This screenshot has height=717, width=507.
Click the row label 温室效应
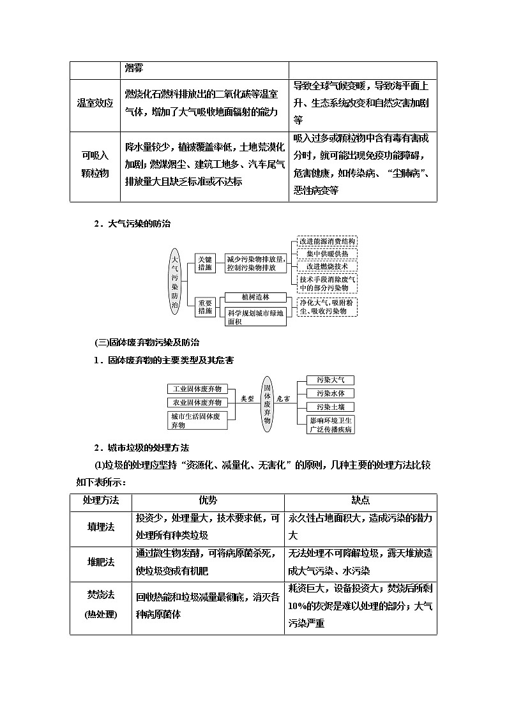(95, 103)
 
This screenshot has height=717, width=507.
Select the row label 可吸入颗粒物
(95, 165)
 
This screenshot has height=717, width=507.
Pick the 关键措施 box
(205, 263)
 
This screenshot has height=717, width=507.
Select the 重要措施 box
(205, 306)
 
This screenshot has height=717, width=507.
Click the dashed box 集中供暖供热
(327, 253)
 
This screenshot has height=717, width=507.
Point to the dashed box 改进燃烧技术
(327, 266)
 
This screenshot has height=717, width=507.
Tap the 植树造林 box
(255, 298)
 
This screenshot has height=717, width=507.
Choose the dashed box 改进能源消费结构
(327, 241)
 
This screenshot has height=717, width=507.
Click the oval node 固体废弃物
(268, 403)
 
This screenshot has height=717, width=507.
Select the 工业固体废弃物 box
(197, 389)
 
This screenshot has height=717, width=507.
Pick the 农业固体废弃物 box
(197, 402)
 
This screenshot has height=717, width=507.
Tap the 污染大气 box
(330, 380)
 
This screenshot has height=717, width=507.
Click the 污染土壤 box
(330, 407)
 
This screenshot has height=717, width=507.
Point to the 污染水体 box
(330, 393)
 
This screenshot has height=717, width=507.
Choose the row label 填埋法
(101, 527)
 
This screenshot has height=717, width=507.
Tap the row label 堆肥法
(101, 562)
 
